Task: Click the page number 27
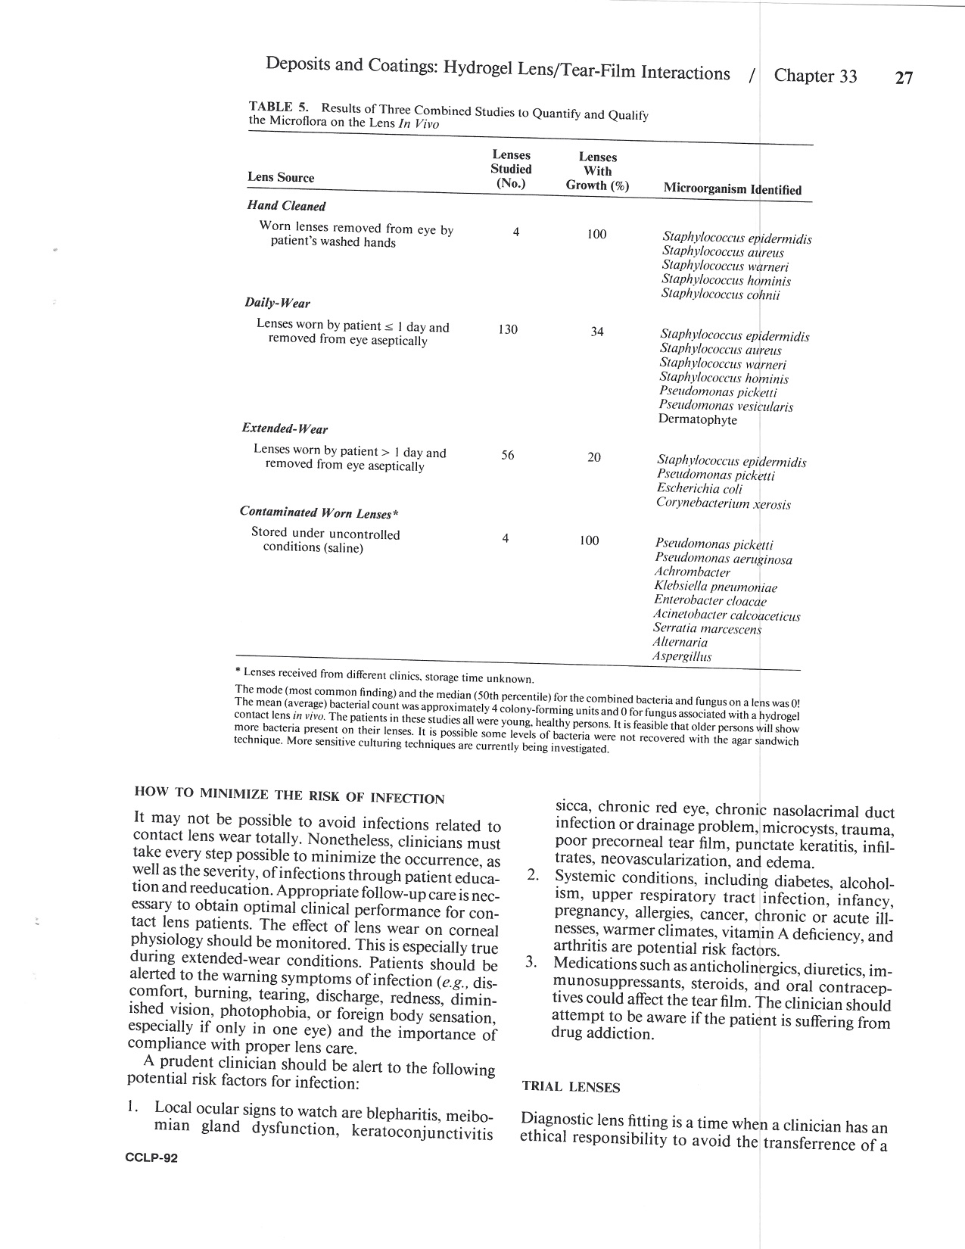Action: [904, 78]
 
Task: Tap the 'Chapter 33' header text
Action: [815, 76]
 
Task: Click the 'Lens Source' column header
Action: [281, 178]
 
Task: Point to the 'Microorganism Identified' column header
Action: [732, 189]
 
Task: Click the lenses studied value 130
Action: [508, 329]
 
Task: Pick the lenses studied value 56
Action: [507, 455]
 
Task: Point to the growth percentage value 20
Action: [594, 456]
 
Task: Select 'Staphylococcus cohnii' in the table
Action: [720, 294]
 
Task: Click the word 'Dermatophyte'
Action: [697, 420]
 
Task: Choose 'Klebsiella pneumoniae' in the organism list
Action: [715, 587]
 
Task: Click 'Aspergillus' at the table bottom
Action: [682, 656]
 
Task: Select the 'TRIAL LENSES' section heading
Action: [571, 1088]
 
